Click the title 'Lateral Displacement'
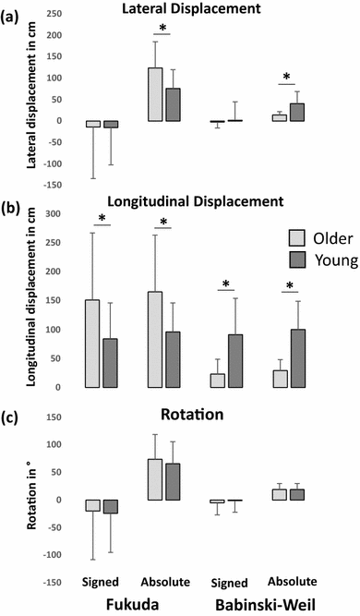click(191, 8)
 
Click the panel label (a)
click(13, 15)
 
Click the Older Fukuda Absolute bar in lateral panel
click(155, 94)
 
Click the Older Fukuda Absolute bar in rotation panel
click(155, 479)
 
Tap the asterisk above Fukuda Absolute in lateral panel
click(162, 29)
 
